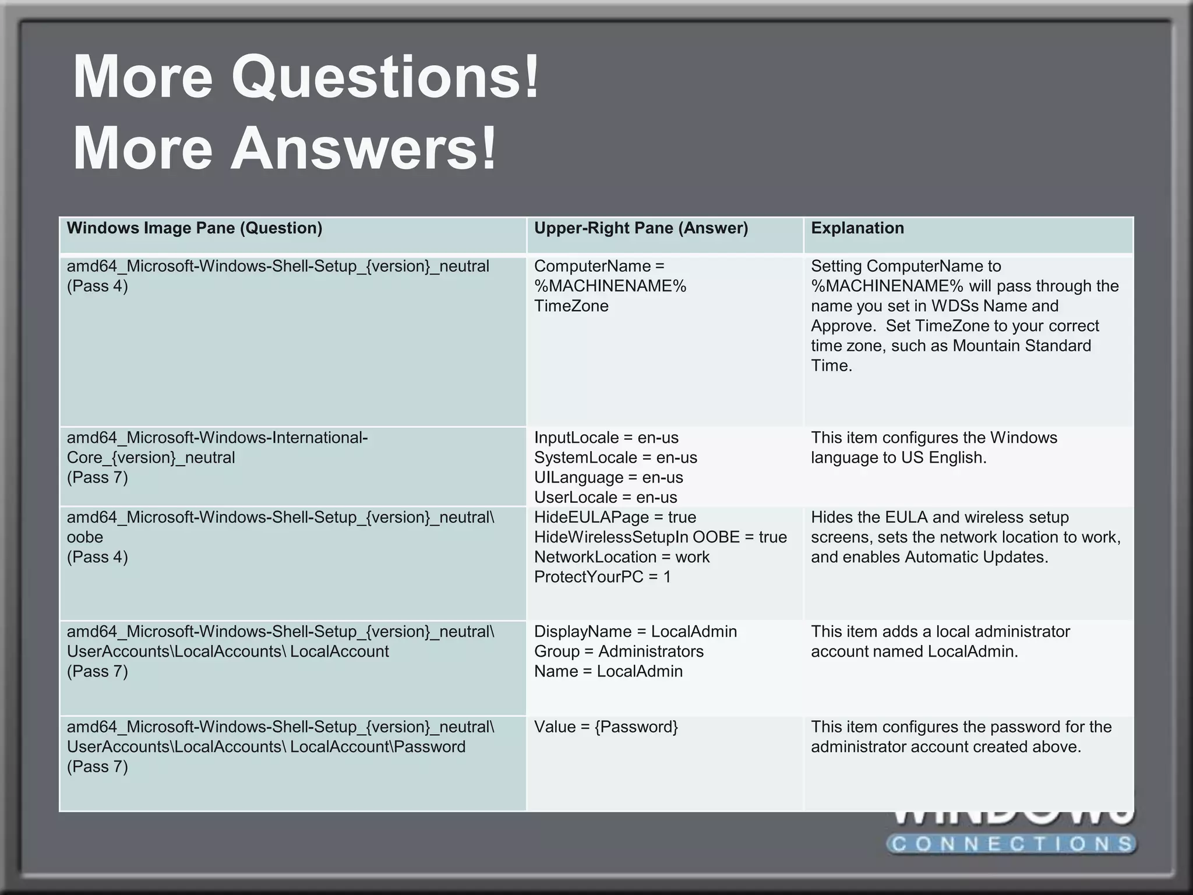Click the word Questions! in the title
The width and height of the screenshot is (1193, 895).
pos(386,77)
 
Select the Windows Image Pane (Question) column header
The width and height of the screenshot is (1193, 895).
pos(194,228)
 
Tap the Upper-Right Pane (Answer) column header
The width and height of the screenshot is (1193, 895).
pos(641,228)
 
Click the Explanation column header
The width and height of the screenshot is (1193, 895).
pos(857,228)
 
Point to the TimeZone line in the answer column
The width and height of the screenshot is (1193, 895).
pos(571,306)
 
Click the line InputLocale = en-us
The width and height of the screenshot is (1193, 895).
pos(606,438)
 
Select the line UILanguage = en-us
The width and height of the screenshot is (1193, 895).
pos(608,477)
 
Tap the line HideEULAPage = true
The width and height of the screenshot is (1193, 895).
pos(615,517)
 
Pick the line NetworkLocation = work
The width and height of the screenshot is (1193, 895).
pos(622,556)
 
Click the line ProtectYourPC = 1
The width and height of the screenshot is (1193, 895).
pos(602,576)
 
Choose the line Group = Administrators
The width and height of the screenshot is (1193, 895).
pos(619,651)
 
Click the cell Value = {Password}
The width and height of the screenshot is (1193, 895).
pos(606,727)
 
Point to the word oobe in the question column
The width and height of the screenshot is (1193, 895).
pos(84,537)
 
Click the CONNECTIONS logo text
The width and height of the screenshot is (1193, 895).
pos(1012,843)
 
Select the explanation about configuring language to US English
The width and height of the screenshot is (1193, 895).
pos(933,447)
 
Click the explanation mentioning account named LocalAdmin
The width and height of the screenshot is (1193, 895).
pos(940,641)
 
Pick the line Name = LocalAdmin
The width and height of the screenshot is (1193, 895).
pos(608,671)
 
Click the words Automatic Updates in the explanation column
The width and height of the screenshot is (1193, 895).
pos(976,556)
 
